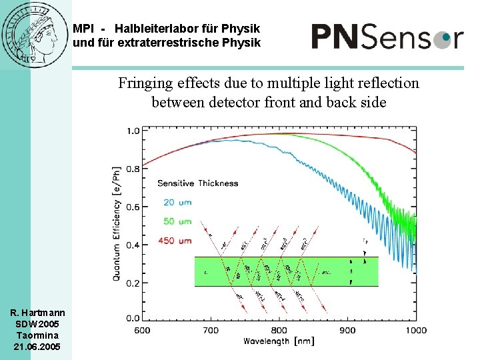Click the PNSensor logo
387,36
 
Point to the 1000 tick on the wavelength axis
415,330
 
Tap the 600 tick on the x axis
142,330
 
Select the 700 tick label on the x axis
210,330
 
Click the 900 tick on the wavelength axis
347,330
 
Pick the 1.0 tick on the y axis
133,131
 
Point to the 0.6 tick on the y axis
133,207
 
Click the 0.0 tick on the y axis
133,318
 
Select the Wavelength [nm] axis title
279,341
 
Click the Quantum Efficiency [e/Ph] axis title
117,223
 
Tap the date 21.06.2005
37,347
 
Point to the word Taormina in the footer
37,335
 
